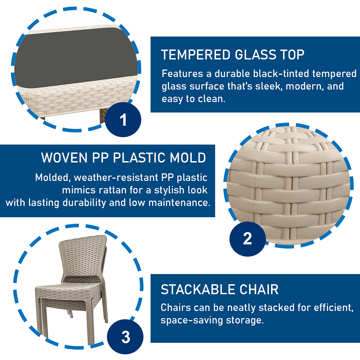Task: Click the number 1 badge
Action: click(123, 120)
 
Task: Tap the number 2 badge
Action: click(248, 239)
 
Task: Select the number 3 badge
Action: click(125, 337)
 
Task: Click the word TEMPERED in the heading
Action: click(196, 55)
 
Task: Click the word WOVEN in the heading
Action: click(64, 158)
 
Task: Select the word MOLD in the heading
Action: click(188, 158)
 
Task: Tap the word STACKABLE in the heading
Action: click(198, 289)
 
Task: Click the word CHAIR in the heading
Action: click(259, 289)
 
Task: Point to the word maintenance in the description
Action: click(179, 203)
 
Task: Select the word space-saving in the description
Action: click(192, 320)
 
